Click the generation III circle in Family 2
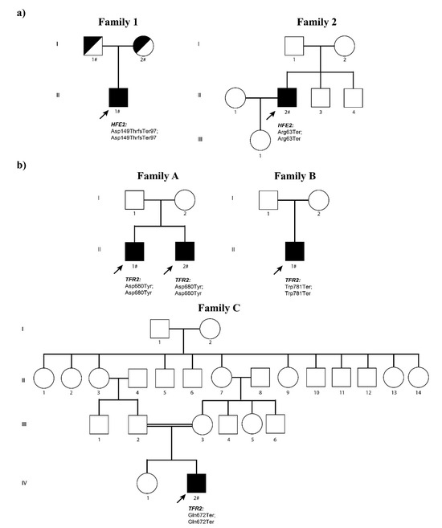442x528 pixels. click(x=260, y=137)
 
